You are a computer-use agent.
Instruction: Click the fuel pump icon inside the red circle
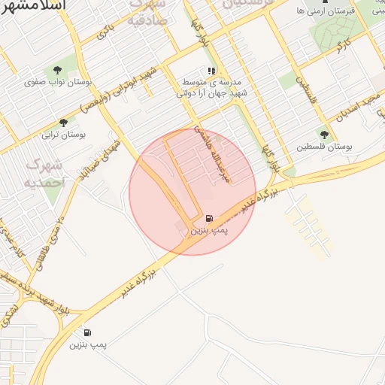(208, 219)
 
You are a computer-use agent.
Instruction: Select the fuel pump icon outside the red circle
(88, 332)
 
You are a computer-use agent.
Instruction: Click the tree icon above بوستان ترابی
(63, 123)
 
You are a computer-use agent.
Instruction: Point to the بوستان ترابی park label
(62, 135)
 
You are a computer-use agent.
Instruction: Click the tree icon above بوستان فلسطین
(324, 135)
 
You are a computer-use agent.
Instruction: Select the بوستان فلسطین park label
(324, 147)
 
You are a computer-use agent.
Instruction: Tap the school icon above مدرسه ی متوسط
(211, 71)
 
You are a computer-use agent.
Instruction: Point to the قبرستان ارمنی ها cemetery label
(323, 11)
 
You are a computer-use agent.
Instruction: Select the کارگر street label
(344, 46)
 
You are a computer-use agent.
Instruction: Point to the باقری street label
(108, 32)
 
